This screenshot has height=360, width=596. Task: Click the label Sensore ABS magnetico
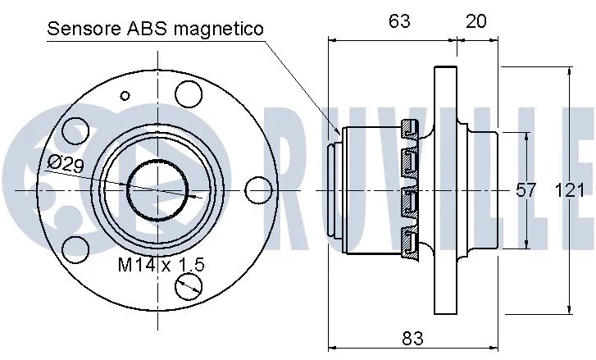point(156,30)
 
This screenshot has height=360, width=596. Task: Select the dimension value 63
point(399,22)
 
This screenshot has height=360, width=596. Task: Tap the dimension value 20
point(475,22)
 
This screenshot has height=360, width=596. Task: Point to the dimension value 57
point(525,190)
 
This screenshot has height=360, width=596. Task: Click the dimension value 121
point(570,190)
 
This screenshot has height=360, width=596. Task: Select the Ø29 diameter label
point(65,162)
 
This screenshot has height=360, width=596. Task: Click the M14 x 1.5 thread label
point(161,264)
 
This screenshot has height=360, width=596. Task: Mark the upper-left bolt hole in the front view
point(75,131)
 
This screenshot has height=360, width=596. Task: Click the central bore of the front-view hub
point(156,189)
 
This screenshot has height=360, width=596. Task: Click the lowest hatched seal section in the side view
point(410,243)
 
